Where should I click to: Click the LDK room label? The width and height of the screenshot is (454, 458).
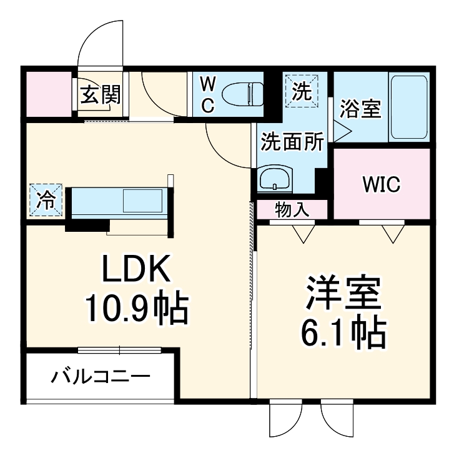click(136, 270)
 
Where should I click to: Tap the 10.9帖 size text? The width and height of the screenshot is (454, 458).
click(136, 307)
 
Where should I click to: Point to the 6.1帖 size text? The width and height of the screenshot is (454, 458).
click(343, 335)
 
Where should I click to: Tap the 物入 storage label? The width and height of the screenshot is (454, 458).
click(292, 209)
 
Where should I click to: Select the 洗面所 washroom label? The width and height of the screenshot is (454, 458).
click(292, 142)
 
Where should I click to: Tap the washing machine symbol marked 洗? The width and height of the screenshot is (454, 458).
click(302, 90)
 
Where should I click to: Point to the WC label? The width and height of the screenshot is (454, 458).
click(209, 94)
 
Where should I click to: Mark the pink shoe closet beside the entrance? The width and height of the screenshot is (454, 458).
click(48, 93)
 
